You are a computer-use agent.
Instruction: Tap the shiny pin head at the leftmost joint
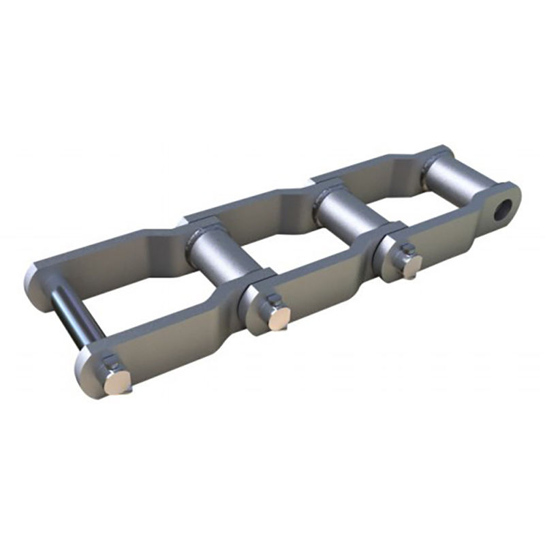tap(115, 383)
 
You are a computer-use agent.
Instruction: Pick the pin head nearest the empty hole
tap(411, 266)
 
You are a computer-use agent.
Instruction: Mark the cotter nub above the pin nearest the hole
tap(405, 251)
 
